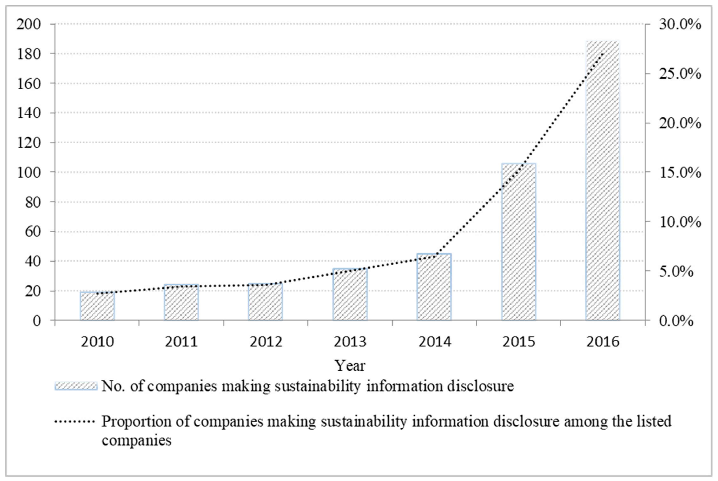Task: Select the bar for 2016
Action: coord(602,181)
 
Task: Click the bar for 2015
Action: coord(519,242)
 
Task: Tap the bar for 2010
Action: coord(97,306)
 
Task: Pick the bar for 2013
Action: coord(350,294)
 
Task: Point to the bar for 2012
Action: coord(265,302)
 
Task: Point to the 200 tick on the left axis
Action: coord(28,24)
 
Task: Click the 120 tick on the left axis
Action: coord(28,143)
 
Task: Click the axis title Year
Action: coord(350,365)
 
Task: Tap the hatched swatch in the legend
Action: coord(76,386)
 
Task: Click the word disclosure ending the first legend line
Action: coord(480,386)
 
